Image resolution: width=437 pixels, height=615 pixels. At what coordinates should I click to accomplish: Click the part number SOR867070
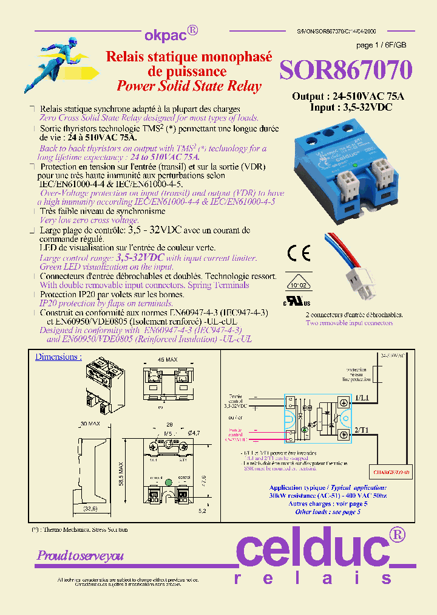coord(345,69)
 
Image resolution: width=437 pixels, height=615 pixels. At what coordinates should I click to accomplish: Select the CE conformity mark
coord(299,252)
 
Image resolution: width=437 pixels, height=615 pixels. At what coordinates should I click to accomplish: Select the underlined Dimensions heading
coord(58,357)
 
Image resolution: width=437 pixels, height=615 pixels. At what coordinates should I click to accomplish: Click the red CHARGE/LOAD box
coord(388,470)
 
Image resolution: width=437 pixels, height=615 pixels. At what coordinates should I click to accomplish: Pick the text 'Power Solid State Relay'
coord(189,86)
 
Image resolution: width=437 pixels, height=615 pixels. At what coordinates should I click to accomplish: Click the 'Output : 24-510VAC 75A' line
coord(348,97)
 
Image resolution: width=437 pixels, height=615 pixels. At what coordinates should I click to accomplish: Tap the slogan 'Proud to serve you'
coord(80,555)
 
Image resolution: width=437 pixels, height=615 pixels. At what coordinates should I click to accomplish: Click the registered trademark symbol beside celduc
coord(397,534)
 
